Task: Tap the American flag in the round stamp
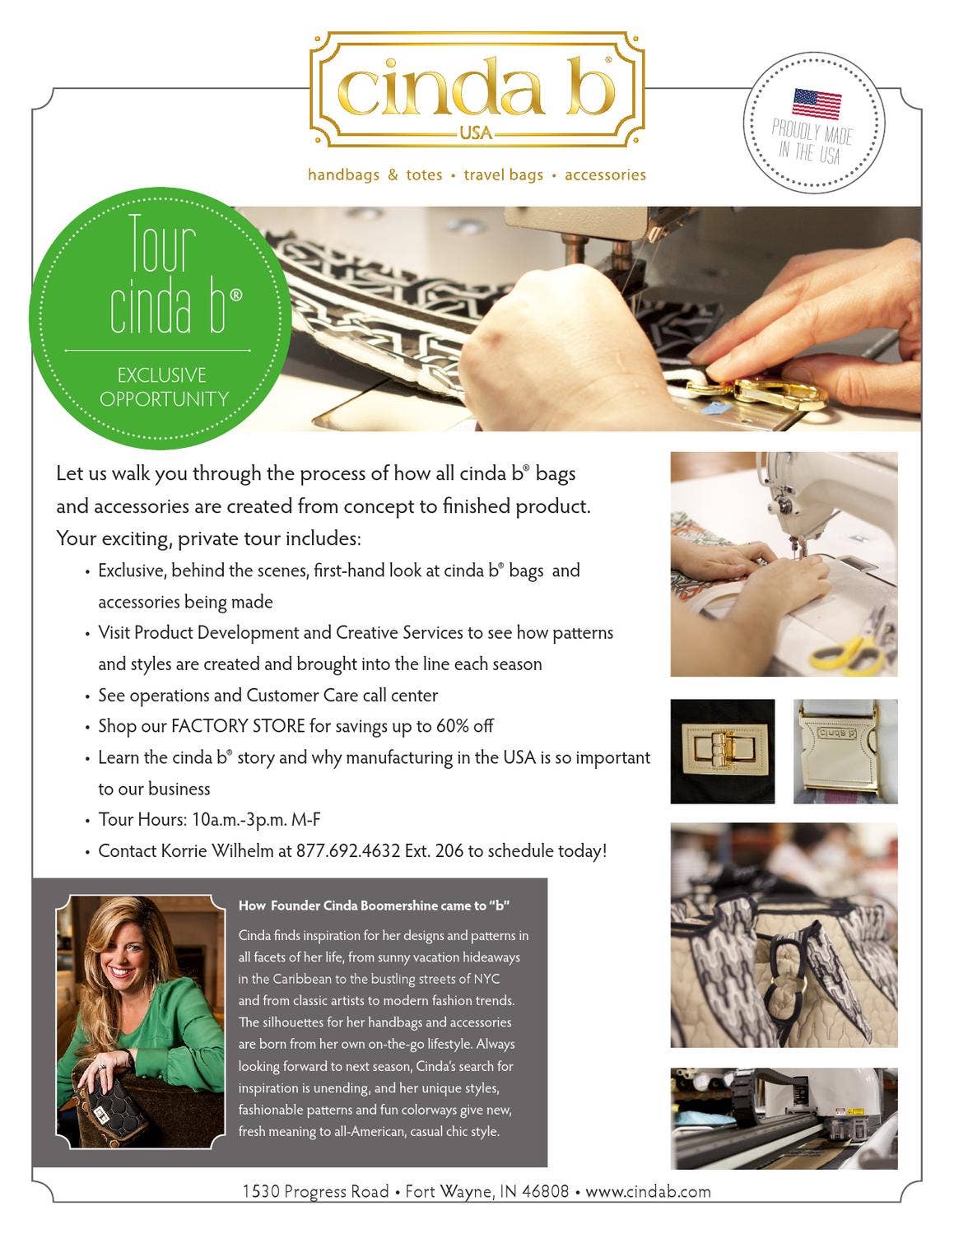click(817, 104)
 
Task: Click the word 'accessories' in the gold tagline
click(605, 175)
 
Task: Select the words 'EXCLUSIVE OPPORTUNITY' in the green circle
click(163, 387)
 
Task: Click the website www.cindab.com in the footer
click(648, 1191)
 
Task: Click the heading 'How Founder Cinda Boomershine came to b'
click(374, 906)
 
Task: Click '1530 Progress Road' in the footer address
click(315, 1191)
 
